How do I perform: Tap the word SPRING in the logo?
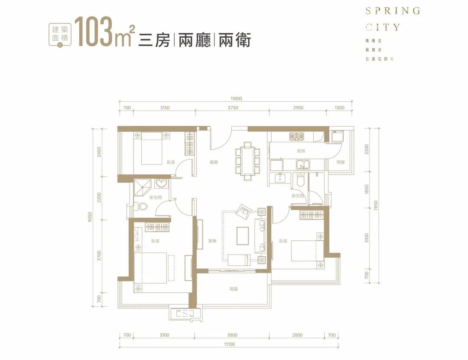click(393, 11)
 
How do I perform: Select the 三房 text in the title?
click(154, 40)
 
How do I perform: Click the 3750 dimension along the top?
click(233, 108)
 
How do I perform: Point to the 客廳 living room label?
click(212, 241)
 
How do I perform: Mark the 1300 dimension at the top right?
click(340, 108)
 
